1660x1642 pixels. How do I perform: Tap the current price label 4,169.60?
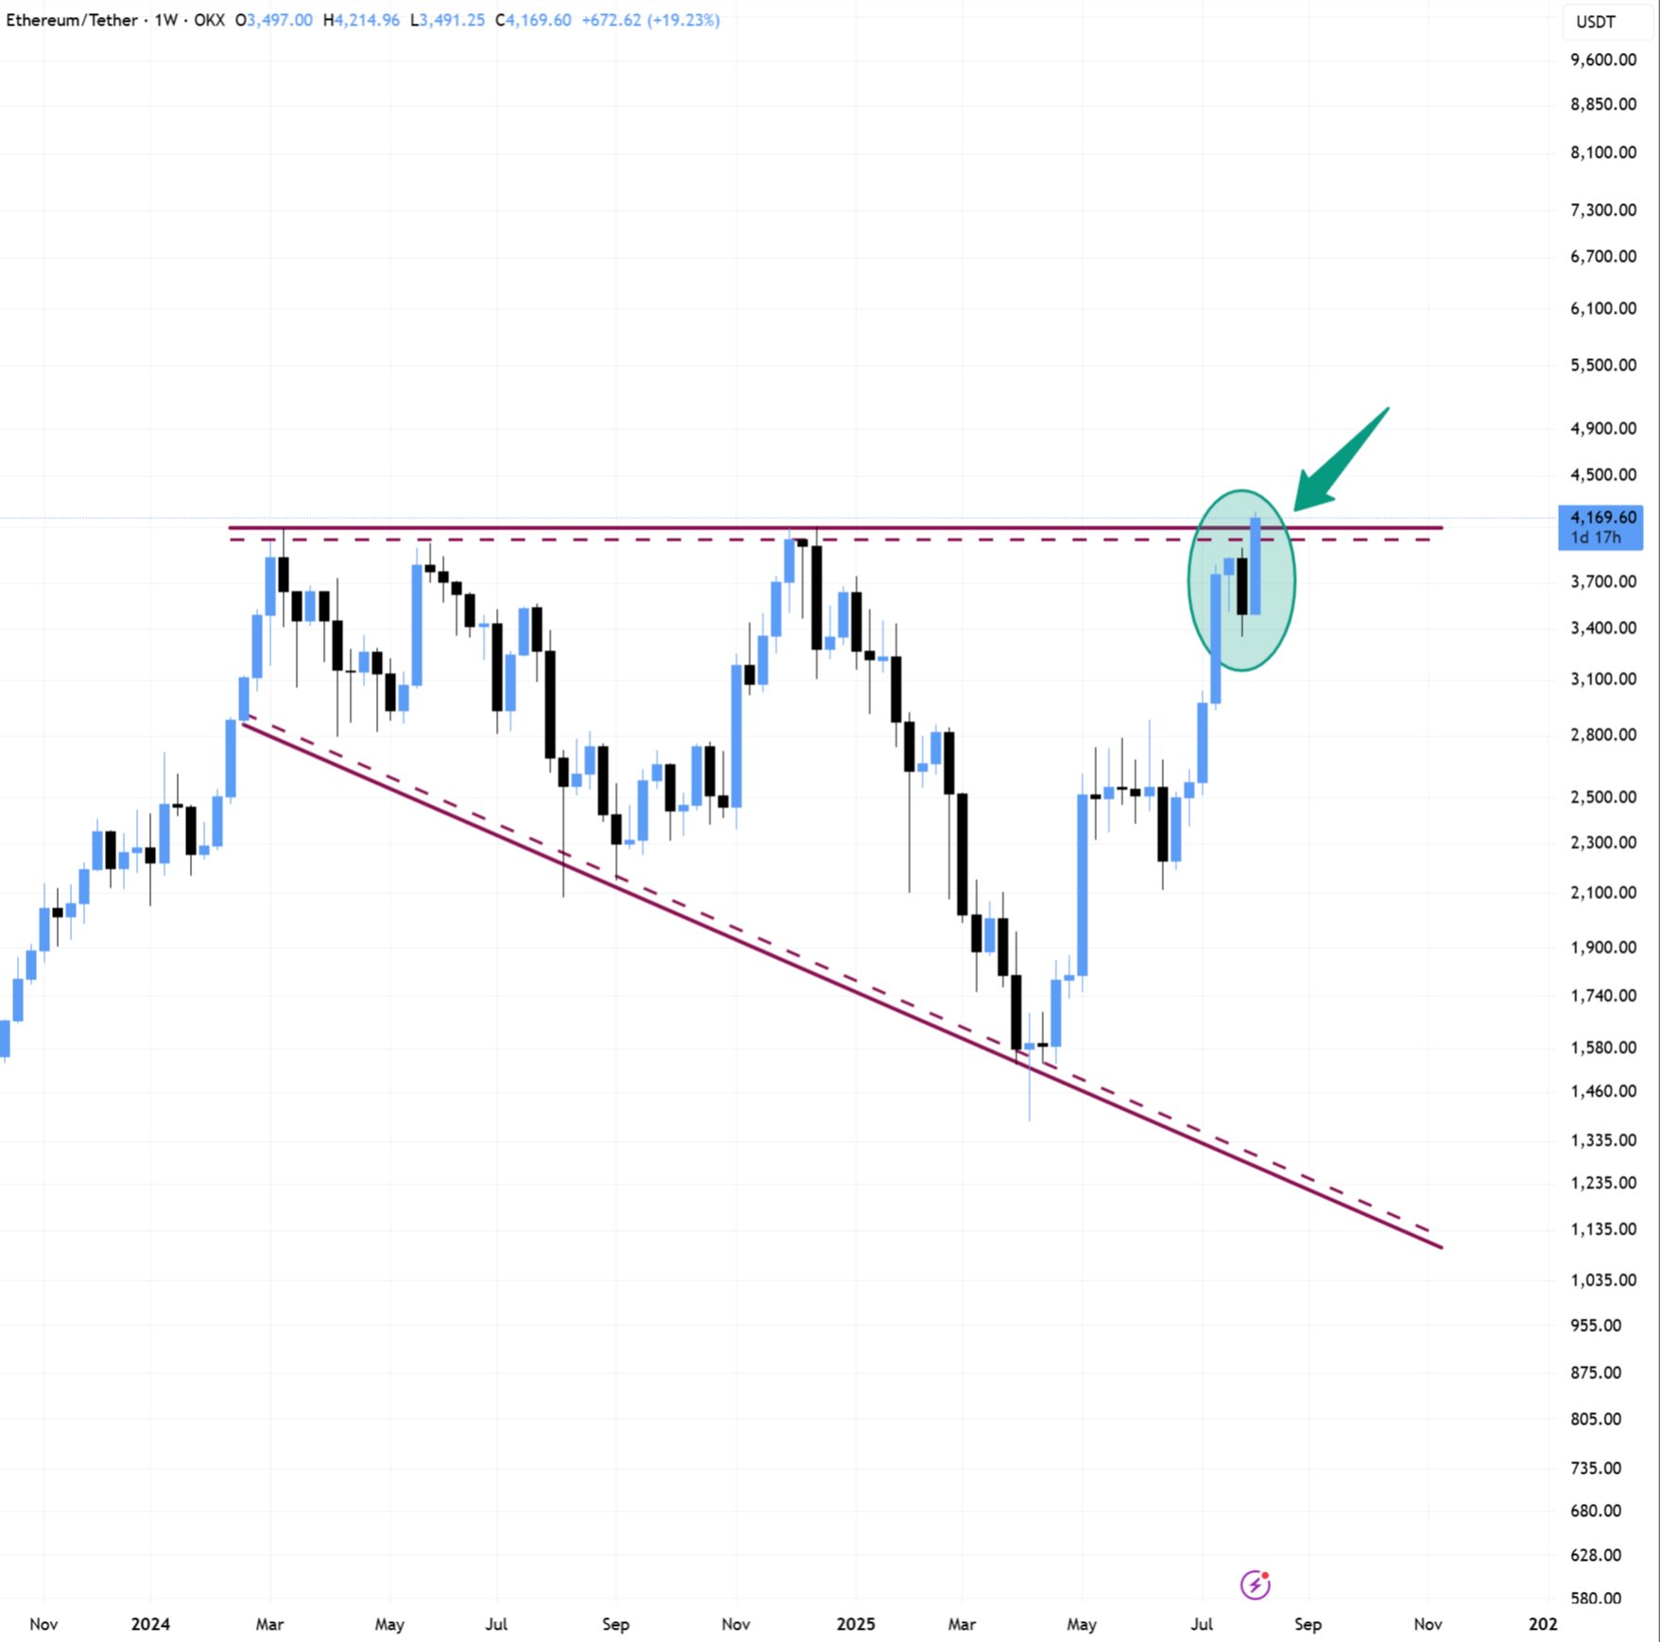(x=1602, y=518)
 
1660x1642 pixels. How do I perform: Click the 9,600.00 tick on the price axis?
(x=1602, y=60)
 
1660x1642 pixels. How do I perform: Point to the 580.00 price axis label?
(x=1596, y=1599)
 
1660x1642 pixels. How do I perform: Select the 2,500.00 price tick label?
(x=1602, y=796)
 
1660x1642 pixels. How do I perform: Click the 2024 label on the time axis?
(x=150, y=1624)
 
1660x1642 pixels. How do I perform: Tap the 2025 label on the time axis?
(x=855, y=1624)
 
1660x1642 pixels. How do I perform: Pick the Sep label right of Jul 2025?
(x=1308, y=1624)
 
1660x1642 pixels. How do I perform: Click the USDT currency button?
(x=1596, y=22)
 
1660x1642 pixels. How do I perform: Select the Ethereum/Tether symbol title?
(x=72, y=20)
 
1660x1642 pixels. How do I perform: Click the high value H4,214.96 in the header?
(x=361, y=20)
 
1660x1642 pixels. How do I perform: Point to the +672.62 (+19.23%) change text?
(x=650, y=20)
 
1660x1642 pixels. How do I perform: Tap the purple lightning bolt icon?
(x=1256, y=1584)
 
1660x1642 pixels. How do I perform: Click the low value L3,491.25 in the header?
(x=447, y=20)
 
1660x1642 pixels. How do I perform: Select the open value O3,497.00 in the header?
(x=274, y=20)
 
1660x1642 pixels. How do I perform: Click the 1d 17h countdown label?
(x=1596, y=538)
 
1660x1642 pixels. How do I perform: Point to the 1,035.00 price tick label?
(x=1602, y=1280)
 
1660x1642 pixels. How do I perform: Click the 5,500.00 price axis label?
(x=1602, y=365)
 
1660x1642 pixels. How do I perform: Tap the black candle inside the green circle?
(x=1241, y=586)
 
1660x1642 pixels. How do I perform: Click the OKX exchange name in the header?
(x=209, y=20)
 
